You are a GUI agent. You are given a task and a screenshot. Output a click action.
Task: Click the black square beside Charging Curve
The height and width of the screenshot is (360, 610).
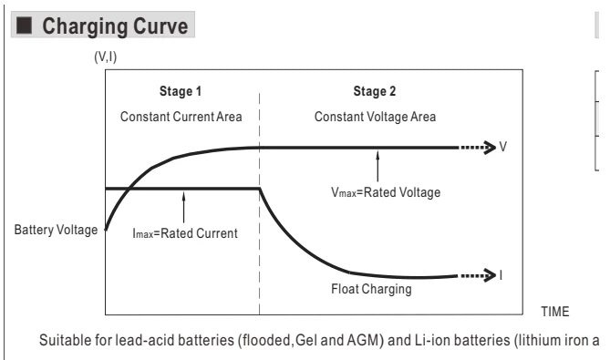coord(24,26)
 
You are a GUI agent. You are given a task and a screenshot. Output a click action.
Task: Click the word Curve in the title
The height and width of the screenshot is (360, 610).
coord(160,26)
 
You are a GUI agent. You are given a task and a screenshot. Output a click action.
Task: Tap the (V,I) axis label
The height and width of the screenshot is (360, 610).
coord(106,57)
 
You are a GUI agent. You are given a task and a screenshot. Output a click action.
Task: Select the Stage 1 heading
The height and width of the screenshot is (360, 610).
coord(181,91)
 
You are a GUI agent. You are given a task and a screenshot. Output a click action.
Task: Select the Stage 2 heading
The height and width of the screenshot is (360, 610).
coord(375,91)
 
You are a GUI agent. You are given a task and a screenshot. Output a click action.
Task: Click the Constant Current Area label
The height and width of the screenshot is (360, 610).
coord(181,117)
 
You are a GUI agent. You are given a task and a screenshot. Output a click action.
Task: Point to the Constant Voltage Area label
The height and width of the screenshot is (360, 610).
coord(375,117)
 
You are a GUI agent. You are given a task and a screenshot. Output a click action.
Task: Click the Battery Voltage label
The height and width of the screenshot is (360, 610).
coord(56,230)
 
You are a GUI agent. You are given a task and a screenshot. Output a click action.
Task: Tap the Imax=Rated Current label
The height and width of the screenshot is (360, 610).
coord(185,233)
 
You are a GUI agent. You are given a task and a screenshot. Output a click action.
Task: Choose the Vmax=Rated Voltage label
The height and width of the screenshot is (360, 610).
coord(386,192)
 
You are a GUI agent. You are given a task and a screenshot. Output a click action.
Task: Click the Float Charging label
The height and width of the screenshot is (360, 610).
coord(371,289)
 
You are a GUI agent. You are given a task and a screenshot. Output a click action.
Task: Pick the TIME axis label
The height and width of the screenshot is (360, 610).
coord(555,312)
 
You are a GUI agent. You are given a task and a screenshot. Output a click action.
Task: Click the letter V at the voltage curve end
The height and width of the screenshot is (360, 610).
coord(503,147)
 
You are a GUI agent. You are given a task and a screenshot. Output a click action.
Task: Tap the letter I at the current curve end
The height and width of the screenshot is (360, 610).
coord(501,275)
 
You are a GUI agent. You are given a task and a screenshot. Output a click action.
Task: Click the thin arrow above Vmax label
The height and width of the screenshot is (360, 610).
coord(377,167)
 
